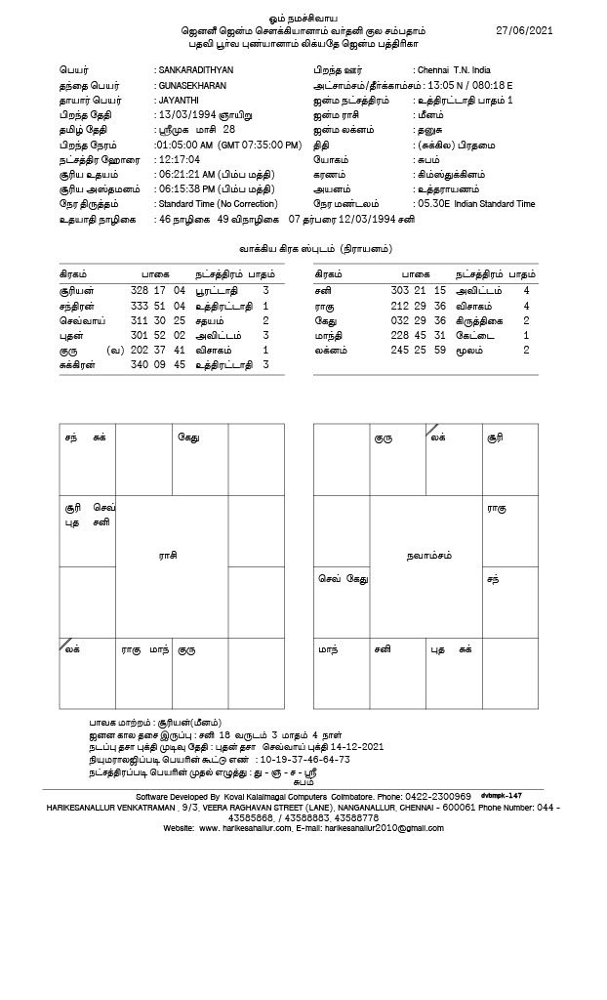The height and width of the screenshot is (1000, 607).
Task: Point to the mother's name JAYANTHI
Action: click(180, 101)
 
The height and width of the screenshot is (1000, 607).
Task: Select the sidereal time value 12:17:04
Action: click(178, 159)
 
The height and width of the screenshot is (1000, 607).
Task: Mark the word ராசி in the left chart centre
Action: click(168, 555)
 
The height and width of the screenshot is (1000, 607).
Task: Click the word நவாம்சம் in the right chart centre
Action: click(427, 555)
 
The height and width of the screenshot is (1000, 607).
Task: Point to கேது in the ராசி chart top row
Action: click(188, 437)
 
